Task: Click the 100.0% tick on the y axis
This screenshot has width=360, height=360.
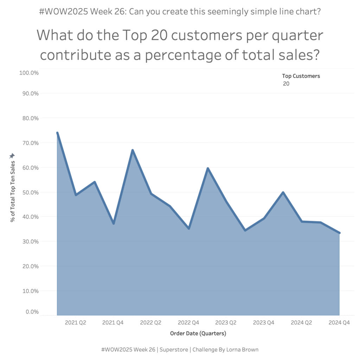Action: point(28,73)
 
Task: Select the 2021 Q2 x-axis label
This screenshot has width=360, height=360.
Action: point(76,322)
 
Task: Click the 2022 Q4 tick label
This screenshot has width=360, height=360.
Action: point(189,322)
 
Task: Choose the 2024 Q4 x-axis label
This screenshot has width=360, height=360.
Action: point(339,322)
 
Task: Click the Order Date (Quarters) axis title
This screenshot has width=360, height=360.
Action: point(198,333)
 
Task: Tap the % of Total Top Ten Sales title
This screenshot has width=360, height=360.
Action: point(13,192)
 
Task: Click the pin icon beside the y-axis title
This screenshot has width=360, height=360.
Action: point(12,156)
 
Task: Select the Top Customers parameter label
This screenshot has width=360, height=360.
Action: point(301,76)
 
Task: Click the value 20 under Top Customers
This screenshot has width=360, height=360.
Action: point(286,84)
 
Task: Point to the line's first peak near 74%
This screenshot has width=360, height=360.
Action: point(57,133)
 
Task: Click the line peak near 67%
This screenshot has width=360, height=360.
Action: point(133,150)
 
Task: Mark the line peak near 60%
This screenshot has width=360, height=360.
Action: point(208,168)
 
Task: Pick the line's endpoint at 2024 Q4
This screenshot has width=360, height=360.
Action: point(339,233)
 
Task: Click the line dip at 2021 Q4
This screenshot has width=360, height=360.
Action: point(114,224)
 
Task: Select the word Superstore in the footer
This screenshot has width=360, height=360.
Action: point(174,350)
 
